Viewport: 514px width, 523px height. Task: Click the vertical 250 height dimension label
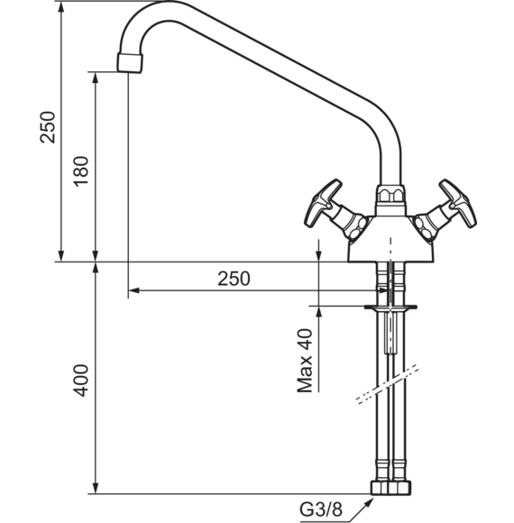click(x=48, y=127)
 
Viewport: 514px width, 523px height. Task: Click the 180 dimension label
click(x=81, y=171)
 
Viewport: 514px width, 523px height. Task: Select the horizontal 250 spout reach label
click(x=234, y=279)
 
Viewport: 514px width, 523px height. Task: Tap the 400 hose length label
click(x=81, y=381)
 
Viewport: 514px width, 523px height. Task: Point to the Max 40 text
click(x=305, y=361)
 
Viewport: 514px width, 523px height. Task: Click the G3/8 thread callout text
click(x=321, y=509)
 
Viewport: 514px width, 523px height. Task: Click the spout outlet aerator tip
click(x=130, y=62)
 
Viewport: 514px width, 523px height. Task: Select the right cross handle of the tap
click(x=446, y=211)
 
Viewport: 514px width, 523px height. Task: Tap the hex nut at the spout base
click(x=390, y=194)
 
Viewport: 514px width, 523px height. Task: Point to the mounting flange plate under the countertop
click(x=390, y=307)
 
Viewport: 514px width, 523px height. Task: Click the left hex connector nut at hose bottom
click(x=381, y=488)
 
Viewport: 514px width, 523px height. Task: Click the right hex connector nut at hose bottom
click(x=400, y=488)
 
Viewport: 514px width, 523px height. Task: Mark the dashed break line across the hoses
click(x=387, y=384)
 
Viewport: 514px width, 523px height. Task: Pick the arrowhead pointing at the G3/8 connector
click(x=369, y=502)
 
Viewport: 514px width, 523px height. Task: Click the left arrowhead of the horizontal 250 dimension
click(x=133, y=290)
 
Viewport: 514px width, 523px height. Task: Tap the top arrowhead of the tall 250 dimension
click(x=60, y=7)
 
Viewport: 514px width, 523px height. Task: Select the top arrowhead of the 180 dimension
click(x=96, y=78)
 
